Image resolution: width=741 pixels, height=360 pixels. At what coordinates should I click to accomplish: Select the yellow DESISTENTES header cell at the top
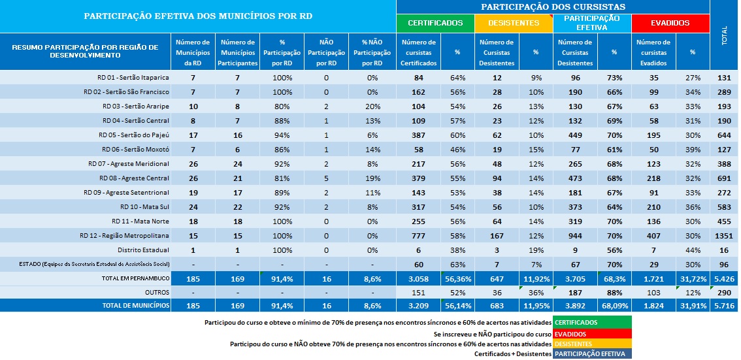click(514, 23)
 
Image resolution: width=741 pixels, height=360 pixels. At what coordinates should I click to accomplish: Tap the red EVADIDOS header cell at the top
click(670, 23)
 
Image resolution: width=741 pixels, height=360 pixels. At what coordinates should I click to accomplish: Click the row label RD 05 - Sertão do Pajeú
click(134, 135)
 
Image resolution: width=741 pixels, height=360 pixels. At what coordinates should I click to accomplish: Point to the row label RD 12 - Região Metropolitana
click(124, 235)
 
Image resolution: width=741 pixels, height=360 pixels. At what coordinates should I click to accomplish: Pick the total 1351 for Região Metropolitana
click(724, 235)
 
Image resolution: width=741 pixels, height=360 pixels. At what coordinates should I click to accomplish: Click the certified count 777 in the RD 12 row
click(418, 235)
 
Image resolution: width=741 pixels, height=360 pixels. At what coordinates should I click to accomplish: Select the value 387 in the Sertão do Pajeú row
click(418, 135)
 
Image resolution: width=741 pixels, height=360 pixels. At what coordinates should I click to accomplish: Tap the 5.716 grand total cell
click(724, 306)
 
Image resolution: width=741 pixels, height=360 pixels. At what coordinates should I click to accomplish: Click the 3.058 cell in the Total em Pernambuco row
click(418, 278)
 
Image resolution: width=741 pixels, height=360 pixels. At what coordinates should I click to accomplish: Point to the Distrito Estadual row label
click(143, 250)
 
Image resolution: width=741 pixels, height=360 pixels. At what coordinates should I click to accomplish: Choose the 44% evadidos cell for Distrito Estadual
click(692, 250)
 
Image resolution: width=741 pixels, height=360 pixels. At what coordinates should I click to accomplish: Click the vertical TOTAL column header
click(724, 36)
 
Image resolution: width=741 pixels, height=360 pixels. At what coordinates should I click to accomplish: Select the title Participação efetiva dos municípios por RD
click(198, 16)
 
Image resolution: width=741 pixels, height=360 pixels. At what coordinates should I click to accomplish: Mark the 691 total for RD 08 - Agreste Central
click(724, 178)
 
